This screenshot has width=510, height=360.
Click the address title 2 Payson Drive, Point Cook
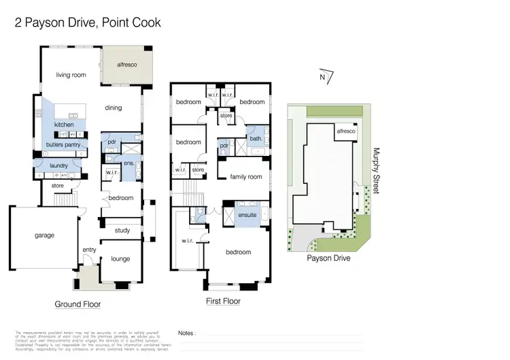coord(88,22)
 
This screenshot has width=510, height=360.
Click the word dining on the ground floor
coord(113,107)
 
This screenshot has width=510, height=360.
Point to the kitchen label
coord(64,125)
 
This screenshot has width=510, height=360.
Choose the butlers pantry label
coord(64,144)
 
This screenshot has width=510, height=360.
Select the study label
coord(122,230)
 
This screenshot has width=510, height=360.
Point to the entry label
coord(89,250)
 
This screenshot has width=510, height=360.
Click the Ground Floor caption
coord(78,304)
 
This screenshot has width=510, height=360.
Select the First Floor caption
coord(222,301)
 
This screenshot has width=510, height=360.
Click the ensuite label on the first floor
coord(247,215)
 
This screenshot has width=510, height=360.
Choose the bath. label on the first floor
coord(255,138)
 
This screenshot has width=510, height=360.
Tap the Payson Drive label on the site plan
coord(328,259)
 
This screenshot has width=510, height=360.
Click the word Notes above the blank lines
coord(187,333)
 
